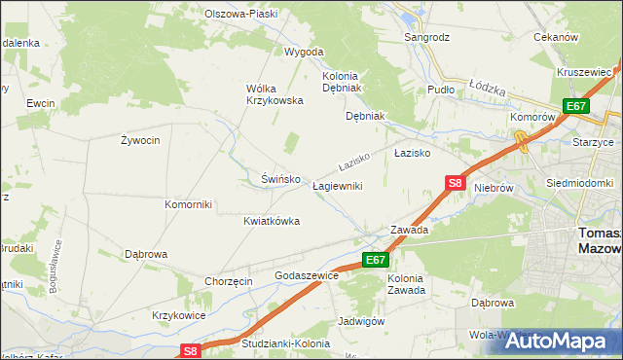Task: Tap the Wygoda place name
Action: tap(303, 52)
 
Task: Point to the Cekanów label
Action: tap(556, 37)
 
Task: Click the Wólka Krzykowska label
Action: tap(275, 94)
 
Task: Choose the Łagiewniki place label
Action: tap(337, 186)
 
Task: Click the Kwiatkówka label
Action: tap(272, 221)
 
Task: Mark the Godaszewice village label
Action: tap(307, 276)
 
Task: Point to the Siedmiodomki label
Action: tap(579, 183)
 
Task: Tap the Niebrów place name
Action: tap(493, 190)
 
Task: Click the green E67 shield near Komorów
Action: tap(575, 106)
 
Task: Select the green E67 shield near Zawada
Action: tap(377, 260)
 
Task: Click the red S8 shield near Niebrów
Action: tap(456, 182)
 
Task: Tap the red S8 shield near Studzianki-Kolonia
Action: tap(191, 351)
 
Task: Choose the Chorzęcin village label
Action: tap(229, 281)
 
